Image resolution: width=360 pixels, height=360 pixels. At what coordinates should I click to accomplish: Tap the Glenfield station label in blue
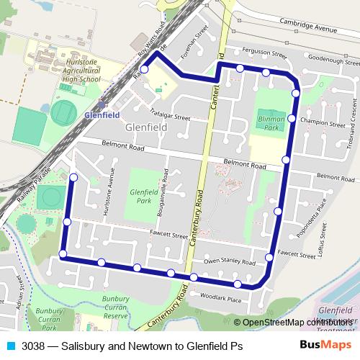pyautogui.click(x=102, y=114)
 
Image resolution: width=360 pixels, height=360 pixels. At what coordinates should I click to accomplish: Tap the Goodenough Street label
pyautogui.click(x=331, y=62)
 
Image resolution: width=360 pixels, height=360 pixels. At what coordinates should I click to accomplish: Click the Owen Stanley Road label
pyautogui.click(x=230, y=262)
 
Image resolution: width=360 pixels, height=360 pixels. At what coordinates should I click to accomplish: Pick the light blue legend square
pyautogui.click(x=10, y=346)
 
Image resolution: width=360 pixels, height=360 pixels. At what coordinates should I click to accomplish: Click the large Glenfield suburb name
pyautogui.click(x=146, y=127)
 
